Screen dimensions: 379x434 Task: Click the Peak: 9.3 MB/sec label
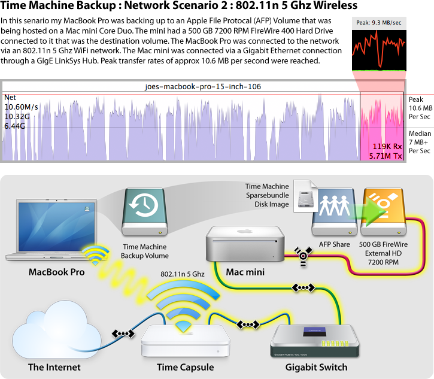pos(379,22)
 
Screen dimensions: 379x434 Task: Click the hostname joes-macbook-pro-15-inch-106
pos(203,87)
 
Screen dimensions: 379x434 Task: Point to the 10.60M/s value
pos(21,107)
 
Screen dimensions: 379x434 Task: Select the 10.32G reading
pos(17,116)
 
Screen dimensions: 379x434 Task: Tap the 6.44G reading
pos(15,126)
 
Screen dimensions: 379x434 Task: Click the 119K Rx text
pos(387,146)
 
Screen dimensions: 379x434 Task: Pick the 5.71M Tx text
pos(386,156)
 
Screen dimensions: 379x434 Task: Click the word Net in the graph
pos(11,97)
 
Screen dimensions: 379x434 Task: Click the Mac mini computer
pos(245,244)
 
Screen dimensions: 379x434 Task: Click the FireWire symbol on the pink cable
pos(304,254)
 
